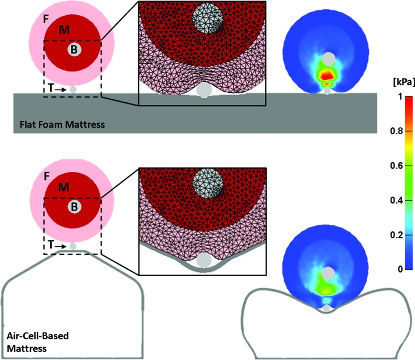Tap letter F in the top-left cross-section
tap(46, 19)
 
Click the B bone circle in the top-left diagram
tap(73, 51)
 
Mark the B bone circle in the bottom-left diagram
tap(73, 206)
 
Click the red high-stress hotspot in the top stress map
tap(328, 74)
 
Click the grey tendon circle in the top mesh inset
tap(205, 91)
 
